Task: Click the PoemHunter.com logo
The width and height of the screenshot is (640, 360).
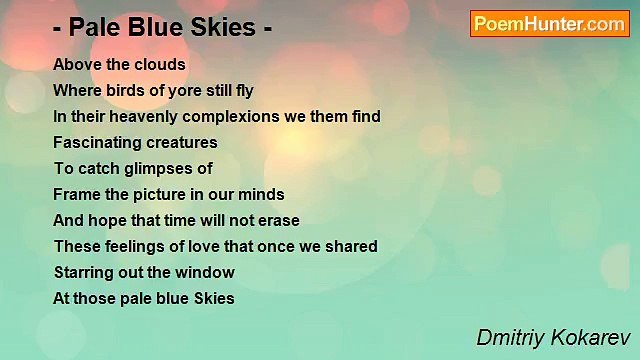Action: [549, 24]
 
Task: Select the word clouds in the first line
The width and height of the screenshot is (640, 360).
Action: [161, 64]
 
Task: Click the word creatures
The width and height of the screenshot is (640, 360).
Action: [183, 142]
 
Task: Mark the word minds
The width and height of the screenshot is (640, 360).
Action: [263, 194]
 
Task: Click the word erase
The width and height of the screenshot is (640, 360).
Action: [277, 220]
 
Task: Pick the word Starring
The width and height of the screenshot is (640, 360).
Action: [83, 272]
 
